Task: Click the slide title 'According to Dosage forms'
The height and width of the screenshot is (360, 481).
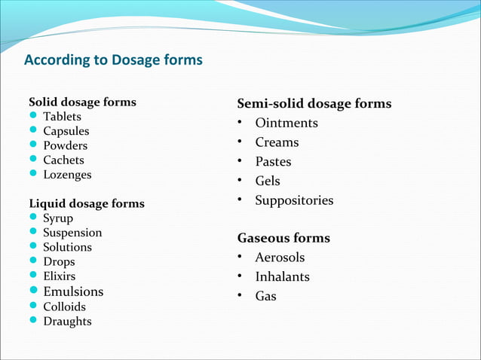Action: coord(113,59)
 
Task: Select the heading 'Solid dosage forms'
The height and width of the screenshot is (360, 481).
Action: coord(82,102)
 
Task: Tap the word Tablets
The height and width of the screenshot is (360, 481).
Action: coord(62,117)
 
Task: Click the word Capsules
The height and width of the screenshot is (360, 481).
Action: coord(66,131)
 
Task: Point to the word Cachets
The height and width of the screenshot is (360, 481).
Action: coord(63,160)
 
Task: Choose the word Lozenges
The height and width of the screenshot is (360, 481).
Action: coord(67,175)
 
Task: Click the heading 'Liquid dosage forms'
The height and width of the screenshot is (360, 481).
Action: coord(86,203)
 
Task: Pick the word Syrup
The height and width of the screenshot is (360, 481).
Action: coord(58,218)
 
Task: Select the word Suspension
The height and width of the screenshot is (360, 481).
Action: coord(72,233)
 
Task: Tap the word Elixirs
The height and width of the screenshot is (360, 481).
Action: coord(60,276)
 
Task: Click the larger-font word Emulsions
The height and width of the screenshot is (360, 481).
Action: coord(73,291)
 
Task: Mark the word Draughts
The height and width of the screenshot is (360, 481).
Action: coord(67,322)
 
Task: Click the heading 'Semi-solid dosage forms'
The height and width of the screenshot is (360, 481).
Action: coord(314,103)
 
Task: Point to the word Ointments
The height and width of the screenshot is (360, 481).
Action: coord(286,123)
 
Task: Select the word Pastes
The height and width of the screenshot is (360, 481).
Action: coord(273,162)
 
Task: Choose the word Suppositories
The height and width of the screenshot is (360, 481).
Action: coord(294,200)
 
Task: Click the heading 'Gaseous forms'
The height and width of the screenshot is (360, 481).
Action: coord(283,238)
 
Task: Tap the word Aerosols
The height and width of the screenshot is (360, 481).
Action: coord(280,258)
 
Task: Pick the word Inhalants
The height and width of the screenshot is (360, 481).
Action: coord(282,277)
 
